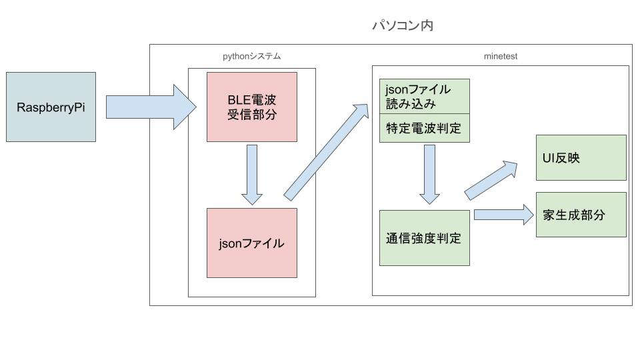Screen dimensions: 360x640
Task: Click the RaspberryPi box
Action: click(51, 107)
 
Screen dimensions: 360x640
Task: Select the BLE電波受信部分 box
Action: click(251, 107)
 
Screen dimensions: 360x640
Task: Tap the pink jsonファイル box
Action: click(251, 243)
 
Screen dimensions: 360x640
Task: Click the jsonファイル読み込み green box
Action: click(424, 96)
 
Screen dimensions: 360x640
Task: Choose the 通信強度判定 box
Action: click(424, 238)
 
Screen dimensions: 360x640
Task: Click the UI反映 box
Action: click(581, 157)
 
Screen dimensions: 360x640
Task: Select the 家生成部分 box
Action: click(581, 215)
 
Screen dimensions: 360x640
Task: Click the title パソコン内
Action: click(403, 27)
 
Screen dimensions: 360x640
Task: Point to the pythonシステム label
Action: click(251, 57)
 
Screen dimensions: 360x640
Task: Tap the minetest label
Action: click(500, 57)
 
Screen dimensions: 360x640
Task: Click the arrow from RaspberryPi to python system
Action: click(150, 107)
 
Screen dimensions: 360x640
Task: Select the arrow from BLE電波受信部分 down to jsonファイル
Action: click(251, 174)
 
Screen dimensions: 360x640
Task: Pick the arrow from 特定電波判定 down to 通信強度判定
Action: click(429, 173)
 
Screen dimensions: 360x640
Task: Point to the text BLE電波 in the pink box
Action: click(251, 99)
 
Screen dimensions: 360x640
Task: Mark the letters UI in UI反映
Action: click(551, 157)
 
